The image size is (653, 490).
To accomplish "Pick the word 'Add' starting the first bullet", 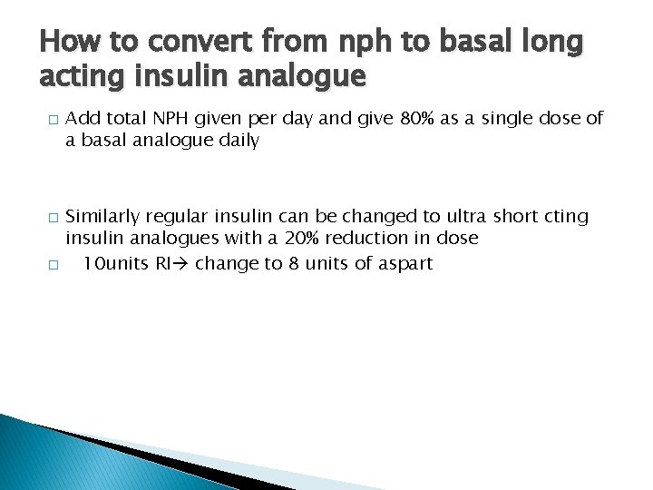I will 83,118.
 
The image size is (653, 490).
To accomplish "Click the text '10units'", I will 112,263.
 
